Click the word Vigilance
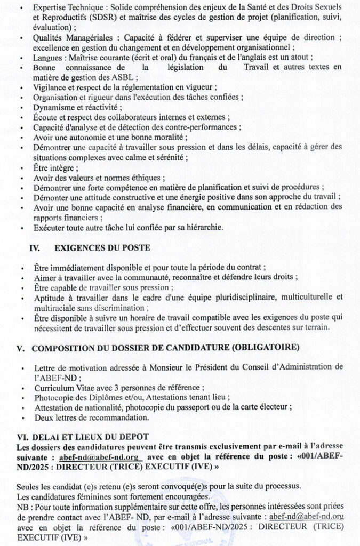click(x=51, y=87)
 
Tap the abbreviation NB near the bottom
click(x=22, y=507)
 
